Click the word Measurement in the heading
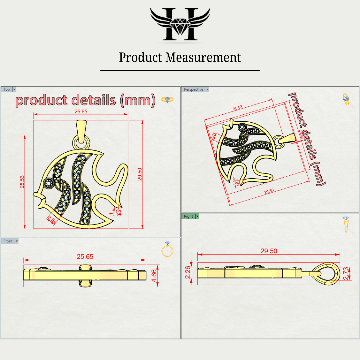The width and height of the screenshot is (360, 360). pyautogui.click(x=203, y=57)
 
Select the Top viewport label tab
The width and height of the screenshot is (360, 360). pyautogui.click(x=7, y=89)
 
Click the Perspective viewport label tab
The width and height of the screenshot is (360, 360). pyautogui.click(x=193, y=89)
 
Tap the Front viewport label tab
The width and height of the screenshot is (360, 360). pyautogui.click(x=8, y=241)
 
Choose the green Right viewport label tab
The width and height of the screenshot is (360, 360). pyautogui.click(x=188, y=216)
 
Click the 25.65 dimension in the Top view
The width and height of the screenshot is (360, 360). pyautogui.click(x=81, y=112)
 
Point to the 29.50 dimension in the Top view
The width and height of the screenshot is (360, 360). pyautogui.click(x=140, y=174)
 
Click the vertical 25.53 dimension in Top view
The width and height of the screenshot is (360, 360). pyautogui.click(x=22, y=182)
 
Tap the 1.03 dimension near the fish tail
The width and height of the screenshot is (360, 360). pyautogui.click(x=117, y=212)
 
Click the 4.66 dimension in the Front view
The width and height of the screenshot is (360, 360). pyautogui.click(x=154, y=276)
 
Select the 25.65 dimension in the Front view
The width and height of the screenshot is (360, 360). pyautogui.click(x=85, y=256)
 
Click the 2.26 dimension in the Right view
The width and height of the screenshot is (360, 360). pyautogui.click(x=188, y=272)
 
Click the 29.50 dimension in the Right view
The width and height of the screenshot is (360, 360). pyautogui.click(x=269, y=251)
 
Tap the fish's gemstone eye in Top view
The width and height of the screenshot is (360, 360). pyautogui.click(x=49, y=183)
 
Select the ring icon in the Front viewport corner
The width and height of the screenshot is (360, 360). pyautogui.click(x=167, y=249)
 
